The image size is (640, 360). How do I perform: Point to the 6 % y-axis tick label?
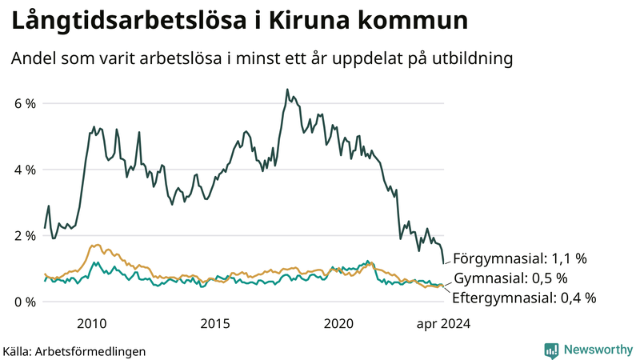click(x=25, y=104)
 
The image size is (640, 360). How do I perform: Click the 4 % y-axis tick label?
click(x=25, y=170)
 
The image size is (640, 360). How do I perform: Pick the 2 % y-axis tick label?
click(x=25, y=236)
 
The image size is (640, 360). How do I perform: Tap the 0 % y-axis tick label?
click(x=25, y=302)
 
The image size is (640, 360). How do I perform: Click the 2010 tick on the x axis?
click(x=91, y=323)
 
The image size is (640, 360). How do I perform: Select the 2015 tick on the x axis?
click(x=215, y=323)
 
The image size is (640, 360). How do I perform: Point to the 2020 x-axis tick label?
click(x=338, y=323)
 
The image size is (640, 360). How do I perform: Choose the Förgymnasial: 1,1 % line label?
click(x=520, y=259)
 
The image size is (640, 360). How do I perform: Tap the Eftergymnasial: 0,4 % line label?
click(x=524, y=298)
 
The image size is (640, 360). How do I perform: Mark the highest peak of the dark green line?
click(x=286, y=90)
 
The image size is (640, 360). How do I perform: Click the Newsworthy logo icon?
click(x=551, y=350)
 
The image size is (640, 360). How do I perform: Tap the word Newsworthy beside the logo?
click(x=598, y=350)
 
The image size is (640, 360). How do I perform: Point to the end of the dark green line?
click(x=443, y=263)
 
